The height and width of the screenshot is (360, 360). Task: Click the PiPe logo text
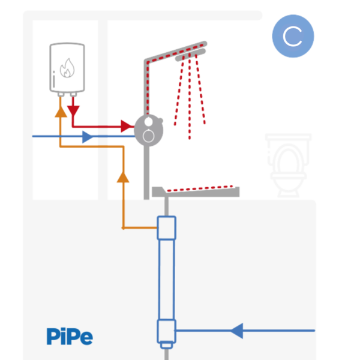pos(70,336)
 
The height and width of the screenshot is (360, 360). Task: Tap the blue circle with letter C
pos(293,36)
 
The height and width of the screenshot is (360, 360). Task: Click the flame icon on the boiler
pos(67,68)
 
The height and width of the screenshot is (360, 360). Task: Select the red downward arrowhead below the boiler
pos(73,111)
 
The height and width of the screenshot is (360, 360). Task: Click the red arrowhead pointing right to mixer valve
pos(126,126)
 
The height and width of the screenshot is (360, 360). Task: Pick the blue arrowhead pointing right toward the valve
pos(88,137)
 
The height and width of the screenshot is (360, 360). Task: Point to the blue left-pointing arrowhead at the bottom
pos(237,331)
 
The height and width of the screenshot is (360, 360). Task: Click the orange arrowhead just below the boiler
pos(61,112)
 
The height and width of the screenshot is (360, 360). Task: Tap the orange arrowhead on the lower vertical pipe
pos(123,177)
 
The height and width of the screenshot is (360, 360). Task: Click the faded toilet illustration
pos(288,166)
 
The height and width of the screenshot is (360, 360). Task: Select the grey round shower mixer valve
pos(149,130)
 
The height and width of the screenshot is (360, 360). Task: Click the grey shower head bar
pos(190,55)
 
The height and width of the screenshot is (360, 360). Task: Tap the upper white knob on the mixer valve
pos(149,122)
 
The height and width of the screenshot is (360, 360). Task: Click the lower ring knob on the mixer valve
pos(149,136)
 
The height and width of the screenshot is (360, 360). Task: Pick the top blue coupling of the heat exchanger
pos(166,228)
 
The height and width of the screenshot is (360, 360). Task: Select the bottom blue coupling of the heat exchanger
pos(166,331)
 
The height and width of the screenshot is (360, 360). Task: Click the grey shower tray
pos(196,192)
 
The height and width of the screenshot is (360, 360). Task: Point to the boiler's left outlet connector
pos(61,94)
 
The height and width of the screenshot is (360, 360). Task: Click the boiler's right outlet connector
pos(73,94)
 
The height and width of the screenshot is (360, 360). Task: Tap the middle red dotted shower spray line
pos(190,97)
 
